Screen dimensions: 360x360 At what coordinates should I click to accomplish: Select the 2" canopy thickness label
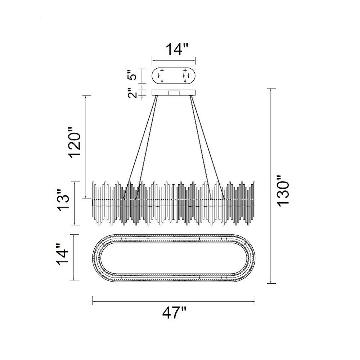(x=132, y=93)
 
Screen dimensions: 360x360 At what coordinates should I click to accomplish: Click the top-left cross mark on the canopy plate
(x=162, y=70)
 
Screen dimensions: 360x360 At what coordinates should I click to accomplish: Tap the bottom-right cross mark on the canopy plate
(x=185, y=81)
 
